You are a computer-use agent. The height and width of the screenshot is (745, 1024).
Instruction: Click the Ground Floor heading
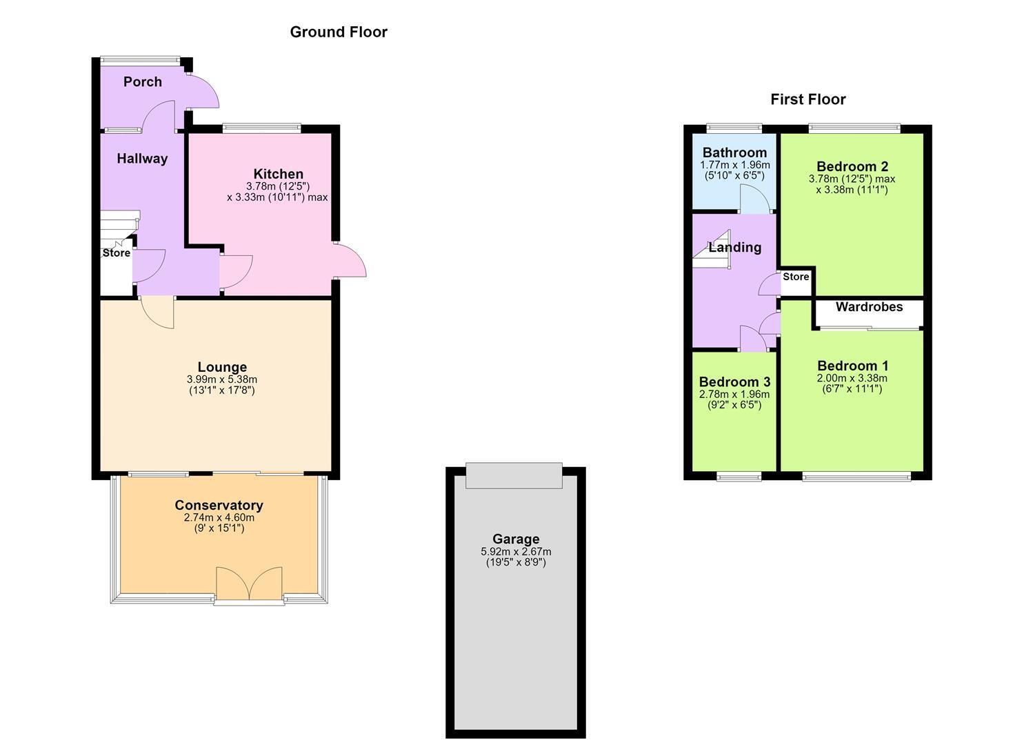(339, 32)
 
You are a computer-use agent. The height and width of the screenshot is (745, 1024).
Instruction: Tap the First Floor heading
(807, 99)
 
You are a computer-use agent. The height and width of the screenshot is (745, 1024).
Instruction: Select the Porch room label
(143, 82)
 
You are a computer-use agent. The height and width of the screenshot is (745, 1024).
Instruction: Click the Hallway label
(142, 159)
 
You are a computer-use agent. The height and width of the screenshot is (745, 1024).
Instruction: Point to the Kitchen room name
(279, 174)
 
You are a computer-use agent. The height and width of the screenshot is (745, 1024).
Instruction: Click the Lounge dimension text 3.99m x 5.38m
(222, 379)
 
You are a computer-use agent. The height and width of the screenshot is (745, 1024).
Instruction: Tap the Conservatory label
(219, 505)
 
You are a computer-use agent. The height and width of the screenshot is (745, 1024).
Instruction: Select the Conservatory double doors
(249, 584)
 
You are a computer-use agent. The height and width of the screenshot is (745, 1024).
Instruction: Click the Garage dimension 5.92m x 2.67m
(516, 552)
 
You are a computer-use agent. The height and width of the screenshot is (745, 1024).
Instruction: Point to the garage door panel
(514, 476)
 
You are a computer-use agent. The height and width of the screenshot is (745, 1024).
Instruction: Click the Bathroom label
(734, 152)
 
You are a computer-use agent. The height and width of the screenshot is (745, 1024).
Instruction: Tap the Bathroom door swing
(755, 199)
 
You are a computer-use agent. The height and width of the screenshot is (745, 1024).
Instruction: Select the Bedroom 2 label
(852, 166)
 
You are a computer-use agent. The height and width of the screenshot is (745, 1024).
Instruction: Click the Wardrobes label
(869, 307)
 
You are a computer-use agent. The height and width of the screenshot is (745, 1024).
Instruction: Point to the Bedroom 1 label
(852, 366)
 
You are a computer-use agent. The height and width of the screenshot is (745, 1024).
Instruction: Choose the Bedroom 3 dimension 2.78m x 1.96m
(734, 394)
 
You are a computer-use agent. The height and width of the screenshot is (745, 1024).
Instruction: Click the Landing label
(734, 248)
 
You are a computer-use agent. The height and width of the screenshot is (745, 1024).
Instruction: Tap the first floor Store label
(796, 277)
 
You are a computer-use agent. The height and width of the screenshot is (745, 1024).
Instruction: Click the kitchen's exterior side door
(350, 261)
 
